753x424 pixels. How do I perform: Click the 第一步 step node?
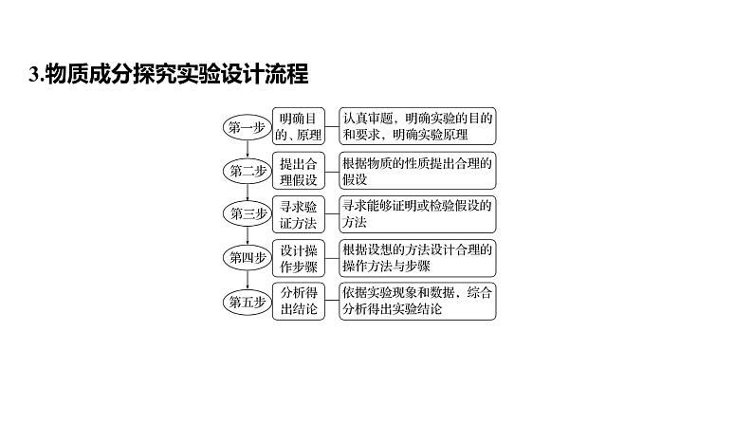coord(246,126)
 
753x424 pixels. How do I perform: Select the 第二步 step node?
coord(246,170)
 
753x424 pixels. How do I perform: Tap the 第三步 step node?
coord(246,213)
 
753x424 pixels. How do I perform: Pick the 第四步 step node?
coord(246,257)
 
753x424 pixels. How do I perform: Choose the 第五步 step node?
coord(246,301)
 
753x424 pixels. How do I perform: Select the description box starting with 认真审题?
coord(418,126)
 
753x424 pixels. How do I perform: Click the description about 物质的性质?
coord(418,170)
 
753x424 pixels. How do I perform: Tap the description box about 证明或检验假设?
coord(418,213)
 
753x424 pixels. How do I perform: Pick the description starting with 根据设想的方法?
coord(418,257)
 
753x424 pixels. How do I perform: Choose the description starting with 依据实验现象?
coord(418,301)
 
